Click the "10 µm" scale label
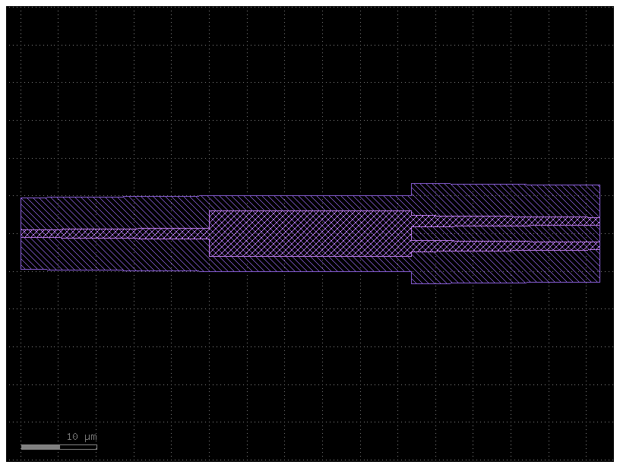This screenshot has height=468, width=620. point(81,437)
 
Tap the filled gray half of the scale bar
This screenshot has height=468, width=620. point(40,447)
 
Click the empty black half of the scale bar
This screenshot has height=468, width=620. point(78,447)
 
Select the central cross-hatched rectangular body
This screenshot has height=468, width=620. point(310,233)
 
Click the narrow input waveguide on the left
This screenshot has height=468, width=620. point(114,233)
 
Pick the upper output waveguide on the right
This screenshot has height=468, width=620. point(505,221)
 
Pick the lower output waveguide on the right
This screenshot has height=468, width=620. point(505,246)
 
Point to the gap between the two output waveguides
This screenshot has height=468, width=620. point(505,233)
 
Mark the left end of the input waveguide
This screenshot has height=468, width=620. point(21,233)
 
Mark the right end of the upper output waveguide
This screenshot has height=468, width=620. point(599,221)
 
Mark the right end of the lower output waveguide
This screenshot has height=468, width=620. point(599,246)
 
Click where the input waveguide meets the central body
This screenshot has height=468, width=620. point(209,233)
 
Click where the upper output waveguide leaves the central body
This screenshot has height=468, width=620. point(412,221)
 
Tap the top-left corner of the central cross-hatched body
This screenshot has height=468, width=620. point(209,211)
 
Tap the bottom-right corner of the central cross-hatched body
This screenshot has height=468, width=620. point(411,256)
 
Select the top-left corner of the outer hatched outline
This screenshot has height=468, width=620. point(21,198)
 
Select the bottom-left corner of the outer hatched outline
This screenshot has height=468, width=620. point(21,270)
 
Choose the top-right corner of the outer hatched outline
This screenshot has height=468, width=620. point(599,185)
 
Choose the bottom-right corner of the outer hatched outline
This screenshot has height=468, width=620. point(599,282)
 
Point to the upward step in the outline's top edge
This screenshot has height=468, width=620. point(411,190)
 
